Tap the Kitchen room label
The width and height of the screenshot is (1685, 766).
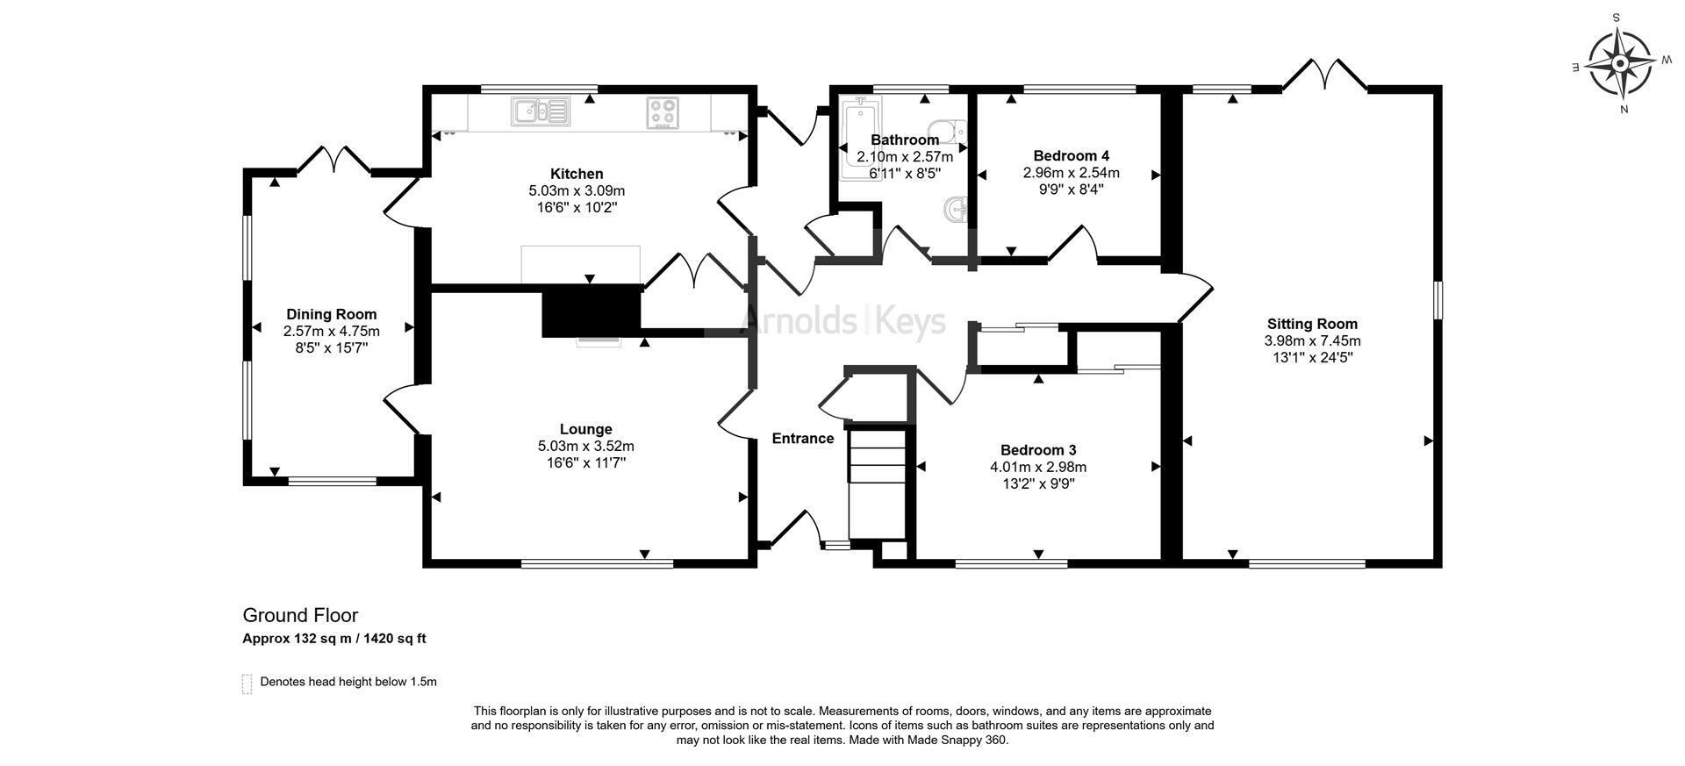tap(577, 174)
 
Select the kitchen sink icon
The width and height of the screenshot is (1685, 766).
tap(541, 111)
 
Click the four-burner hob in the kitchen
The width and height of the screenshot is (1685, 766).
tap(663, 112)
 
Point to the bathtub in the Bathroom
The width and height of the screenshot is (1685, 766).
tap(860, 139)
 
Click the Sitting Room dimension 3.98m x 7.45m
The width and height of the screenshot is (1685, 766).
tap(1312, 340)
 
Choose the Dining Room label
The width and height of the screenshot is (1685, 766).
tap(332, 314)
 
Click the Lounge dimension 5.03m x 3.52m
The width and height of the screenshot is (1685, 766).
tap(585, 446)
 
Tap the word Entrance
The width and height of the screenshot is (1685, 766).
tap(802, 439)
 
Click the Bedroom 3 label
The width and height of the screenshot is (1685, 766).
tap(1038, 450)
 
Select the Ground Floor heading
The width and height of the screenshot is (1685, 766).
tap(300, 615)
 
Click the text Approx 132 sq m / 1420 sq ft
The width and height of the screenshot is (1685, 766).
tap(334, 639)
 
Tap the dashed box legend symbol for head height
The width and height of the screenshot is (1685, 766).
tap(247, 684)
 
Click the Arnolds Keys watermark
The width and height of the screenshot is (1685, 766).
tap(843, 320)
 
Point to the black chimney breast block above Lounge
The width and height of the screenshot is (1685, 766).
tap(592, 310)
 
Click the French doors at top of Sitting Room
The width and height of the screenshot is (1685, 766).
tap(1324, 75)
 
